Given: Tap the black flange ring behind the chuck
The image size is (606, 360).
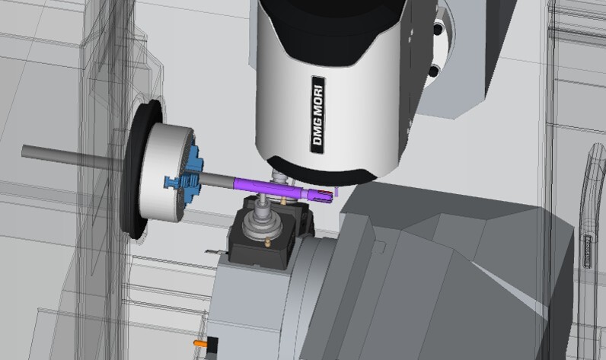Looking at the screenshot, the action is tap(137, 170).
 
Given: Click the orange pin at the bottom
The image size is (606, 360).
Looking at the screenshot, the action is tap(199, 342).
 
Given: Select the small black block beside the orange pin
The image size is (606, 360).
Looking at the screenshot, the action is tap(212, 345).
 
